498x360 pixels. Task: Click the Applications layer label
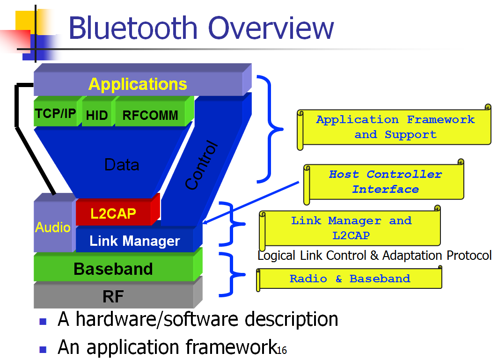pyautogui.click(x=138, y=84)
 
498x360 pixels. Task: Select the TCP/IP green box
pyautogui.click(x=55, y=114)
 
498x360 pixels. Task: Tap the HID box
pyautogui.click(x=97, y=115)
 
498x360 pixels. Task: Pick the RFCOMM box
pyautogui.click(x=150, y=115)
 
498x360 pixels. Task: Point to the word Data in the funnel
pyautogui.click(x=122, y=165)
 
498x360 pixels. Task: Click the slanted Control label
pyautogui.click(x=202, y=165)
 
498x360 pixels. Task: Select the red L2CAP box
pyautogui.click(x=114, y=214)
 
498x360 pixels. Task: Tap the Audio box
pyautogui.click(x=53, y=228)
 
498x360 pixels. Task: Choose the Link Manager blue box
pyautogui.click(x=135, y=241)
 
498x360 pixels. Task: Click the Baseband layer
pyautogui.click(x=113, y=269)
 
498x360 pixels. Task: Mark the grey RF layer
pyautogui.click(x=113, y=296)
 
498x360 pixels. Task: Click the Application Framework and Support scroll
pyautogui.click(x=395, y=127)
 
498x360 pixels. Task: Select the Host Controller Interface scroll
pyautogui.click(x=385, y=182)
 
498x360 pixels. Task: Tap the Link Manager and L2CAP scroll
pyautogui.click(x=351, y=228)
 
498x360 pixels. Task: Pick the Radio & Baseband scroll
pyautogui.click(x=350, y=279)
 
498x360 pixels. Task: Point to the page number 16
pyautogui.click(x=282, y=350)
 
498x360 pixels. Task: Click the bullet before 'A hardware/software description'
pyautogui.click(x=43, y=321)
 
